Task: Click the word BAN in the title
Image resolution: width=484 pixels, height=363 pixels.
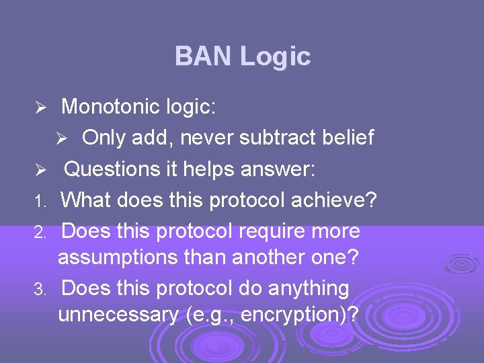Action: (203, 56)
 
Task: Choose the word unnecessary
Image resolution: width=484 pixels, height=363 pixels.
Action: (119, 315)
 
